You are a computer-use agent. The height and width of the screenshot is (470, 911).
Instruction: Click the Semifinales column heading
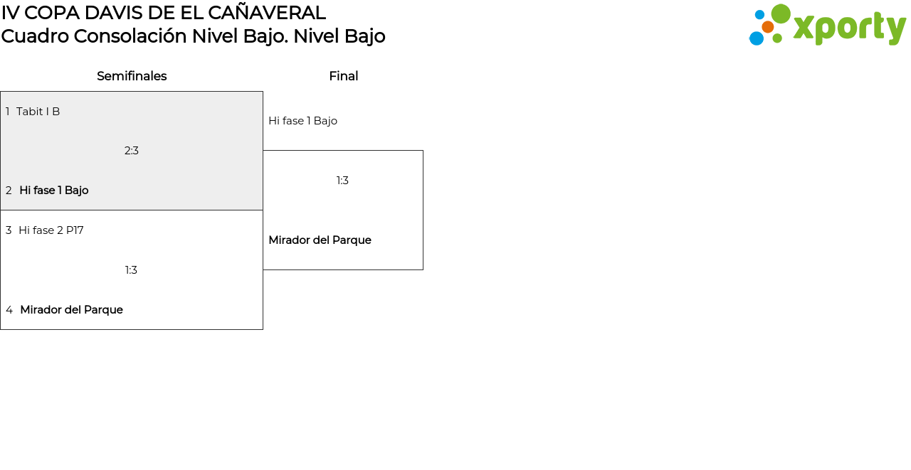click(132, 76)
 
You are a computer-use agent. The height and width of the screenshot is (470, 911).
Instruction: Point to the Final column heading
click(344, 76)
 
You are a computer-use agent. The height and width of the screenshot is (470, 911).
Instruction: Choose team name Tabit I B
click(38, 112)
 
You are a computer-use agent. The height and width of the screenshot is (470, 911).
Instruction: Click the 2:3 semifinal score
click(132, 151)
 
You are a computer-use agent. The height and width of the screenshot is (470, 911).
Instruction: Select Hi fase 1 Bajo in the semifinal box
click(54, 190)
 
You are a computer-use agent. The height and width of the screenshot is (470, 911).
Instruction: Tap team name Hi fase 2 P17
click(51, 230)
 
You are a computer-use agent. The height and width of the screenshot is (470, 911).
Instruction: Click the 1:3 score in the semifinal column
click(131, 270)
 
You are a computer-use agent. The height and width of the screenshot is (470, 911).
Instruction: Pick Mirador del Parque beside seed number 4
click(72, 309)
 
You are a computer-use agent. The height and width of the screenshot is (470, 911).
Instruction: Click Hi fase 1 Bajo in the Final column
click(303, 121)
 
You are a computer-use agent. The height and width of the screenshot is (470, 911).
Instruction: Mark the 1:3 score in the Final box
click(342, 181)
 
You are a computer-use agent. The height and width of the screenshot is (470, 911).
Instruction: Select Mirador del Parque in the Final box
click(320, 240)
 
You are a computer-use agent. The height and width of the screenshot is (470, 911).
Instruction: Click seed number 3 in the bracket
click(9, 230)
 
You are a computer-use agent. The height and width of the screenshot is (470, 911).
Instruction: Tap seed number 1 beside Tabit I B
click(7, 112)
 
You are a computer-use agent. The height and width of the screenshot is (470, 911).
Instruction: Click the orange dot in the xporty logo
click(768, 27)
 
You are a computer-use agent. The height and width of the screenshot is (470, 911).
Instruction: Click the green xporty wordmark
click(849, 28)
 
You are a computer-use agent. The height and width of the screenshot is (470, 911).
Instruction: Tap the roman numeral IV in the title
click(10, 13)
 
